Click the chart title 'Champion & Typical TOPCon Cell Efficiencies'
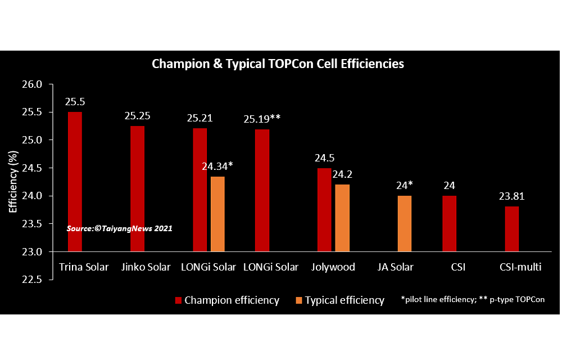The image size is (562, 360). [278, 64]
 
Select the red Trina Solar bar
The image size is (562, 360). [75, 181]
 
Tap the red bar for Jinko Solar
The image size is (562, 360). [137, 188]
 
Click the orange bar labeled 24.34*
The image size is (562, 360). [217, 214]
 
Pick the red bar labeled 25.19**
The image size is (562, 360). [262, 190]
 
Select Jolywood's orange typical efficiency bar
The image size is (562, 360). [342, 218]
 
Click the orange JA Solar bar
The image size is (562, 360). [405, 223]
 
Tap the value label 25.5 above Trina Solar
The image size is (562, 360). [75, 102]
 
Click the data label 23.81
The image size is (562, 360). [511, 197]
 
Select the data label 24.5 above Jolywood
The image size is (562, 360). [324, 159]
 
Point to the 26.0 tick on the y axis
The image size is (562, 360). [33, 84]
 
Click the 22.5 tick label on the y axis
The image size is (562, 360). [33, 280]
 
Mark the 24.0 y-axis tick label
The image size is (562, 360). [33, 196]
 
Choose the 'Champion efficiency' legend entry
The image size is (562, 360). [228, 300]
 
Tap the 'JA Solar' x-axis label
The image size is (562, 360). [395, 267]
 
